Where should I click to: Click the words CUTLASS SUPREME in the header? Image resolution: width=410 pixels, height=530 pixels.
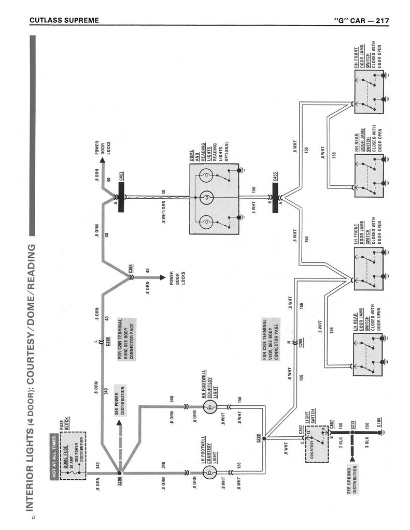pos(64,21)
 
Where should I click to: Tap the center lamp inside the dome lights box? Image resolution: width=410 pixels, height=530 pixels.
pos(206,198)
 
